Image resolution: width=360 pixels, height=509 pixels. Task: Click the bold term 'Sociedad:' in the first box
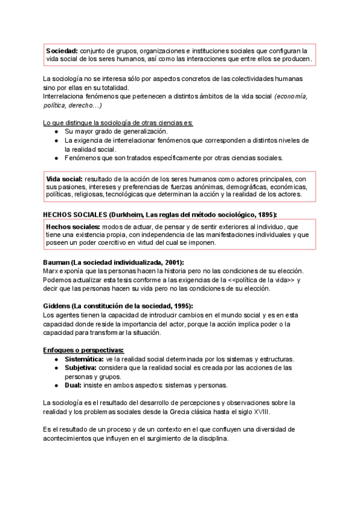point(62,50)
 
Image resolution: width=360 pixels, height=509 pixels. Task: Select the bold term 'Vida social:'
point(65,179)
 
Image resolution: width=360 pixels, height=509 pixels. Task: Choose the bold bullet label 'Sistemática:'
point(84,359)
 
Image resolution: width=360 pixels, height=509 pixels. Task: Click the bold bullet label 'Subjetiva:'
point(81,367)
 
